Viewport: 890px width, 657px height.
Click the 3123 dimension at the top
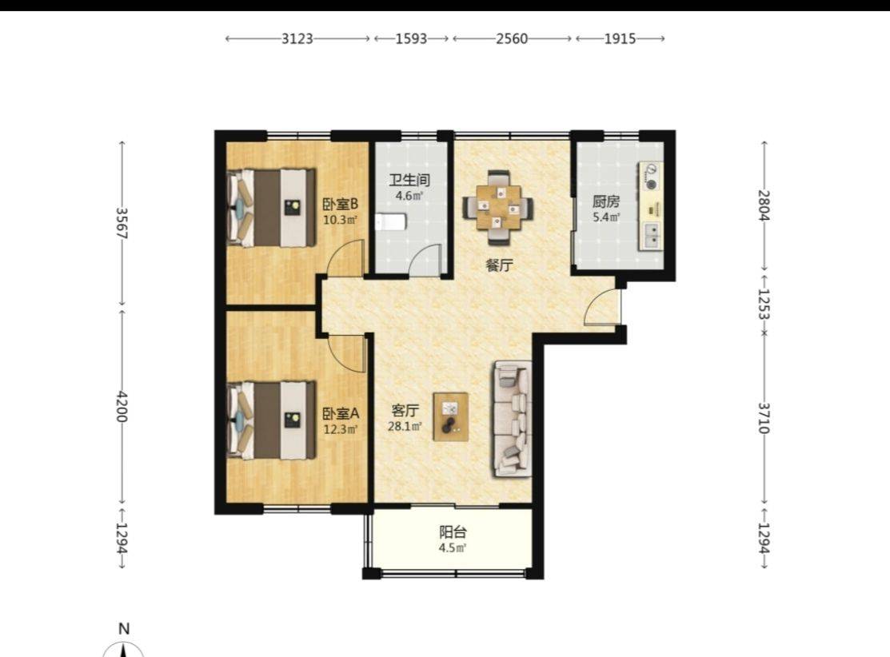tap(297, 38)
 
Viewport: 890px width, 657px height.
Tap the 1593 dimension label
tap(411, 38)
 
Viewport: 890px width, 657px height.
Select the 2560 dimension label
tap(512, 38)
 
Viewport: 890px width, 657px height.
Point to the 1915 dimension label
tap(620, 38)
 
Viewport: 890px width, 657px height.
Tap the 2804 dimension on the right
tap(764, 205)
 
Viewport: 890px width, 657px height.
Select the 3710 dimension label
tap(764, 417)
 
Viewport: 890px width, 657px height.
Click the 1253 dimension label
tap(764, 304)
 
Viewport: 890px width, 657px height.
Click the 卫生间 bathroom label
tap(409, 181)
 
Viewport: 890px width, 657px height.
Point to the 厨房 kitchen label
tap(606, 201)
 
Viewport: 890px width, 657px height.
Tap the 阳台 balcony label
tap(453, 532)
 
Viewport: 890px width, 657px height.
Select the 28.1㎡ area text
tap(405, 426)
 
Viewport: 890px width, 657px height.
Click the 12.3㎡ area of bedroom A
tap(341, 429)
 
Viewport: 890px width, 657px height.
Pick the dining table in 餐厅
tap(498, 208)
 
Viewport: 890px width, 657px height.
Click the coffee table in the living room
tap(451, 416)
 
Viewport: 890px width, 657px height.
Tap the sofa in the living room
tap(512, 419)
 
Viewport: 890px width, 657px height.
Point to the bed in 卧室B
tap(271, 208)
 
